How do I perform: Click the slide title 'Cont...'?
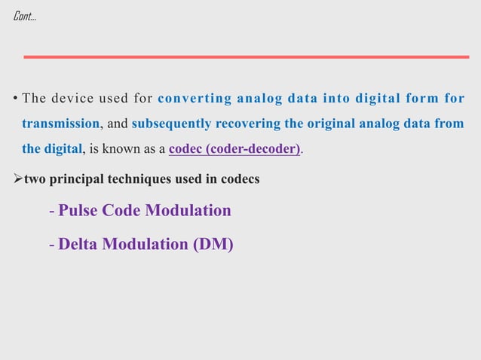tap(24, 16)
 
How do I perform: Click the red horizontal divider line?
tap(246, 56)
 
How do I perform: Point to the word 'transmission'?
tap(60, 124)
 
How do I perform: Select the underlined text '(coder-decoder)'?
tap(256, 148)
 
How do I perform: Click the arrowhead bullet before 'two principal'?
tap(18, 179)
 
